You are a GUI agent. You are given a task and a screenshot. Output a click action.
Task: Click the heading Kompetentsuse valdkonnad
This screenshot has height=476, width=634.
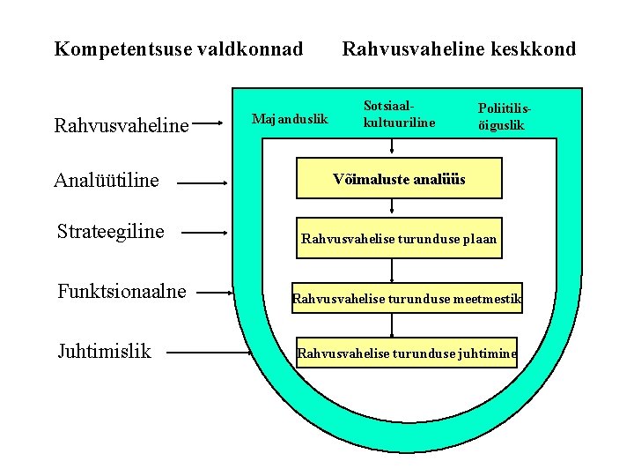point(178,48)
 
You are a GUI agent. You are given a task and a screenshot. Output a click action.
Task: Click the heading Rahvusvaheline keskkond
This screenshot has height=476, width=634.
point(459,48)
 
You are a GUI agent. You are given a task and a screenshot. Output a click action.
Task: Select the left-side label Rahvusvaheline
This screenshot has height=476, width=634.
point(122,127)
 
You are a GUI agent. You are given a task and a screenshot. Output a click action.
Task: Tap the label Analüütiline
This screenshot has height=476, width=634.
point(107,181)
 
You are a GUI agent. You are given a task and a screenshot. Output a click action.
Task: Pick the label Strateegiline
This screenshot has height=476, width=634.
point(110,232)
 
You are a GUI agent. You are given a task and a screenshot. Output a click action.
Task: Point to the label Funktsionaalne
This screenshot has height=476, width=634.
point(122,292)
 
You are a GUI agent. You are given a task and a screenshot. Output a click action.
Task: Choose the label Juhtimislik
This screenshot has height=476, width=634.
point(104,352)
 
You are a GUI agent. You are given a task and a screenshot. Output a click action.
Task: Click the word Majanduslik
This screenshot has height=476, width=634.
point(290,118)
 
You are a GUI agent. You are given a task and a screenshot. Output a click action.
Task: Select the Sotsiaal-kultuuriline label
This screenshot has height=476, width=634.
point(399,114)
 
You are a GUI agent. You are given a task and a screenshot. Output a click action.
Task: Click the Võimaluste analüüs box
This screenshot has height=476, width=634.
point(399,178)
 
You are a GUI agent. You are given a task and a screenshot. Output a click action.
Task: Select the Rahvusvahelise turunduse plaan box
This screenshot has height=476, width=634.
point(399,238)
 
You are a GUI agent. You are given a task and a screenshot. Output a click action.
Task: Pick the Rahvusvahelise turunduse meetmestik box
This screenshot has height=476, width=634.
point(408,300)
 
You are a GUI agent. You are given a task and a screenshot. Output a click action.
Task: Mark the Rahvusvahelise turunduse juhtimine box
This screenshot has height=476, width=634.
point(407,354)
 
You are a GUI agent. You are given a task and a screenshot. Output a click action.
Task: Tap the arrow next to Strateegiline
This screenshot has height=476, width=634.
point(208,234)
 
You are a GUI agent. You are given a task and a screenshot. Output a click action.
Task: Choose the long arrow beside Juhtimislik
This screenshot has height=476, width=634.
point(198,353)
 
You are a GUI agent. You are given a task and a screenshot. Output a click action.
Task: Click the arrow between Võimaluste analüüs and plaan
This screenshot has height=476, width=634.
point(392,207)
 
